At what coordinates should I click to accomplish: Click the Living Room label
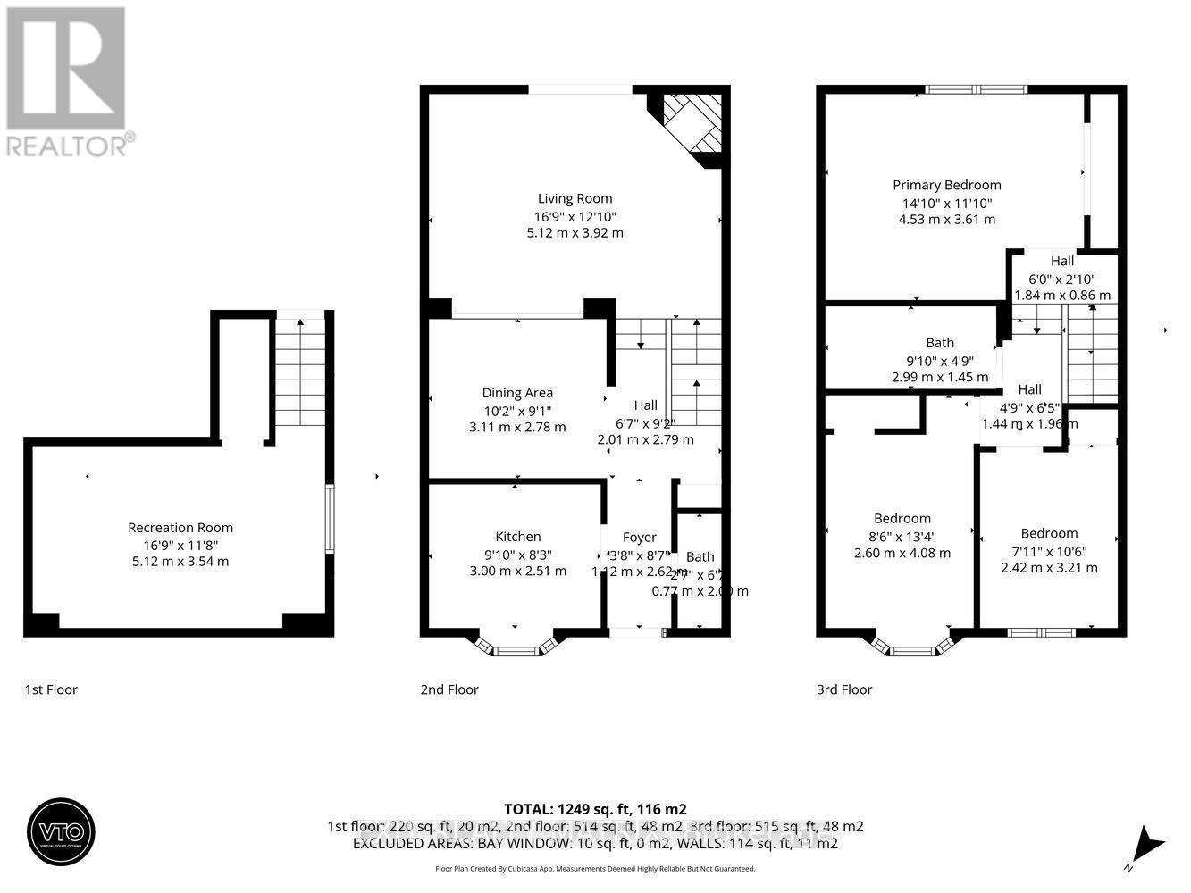click(x=575, y=198)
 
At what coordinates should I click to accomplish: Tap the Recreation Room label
click(x=180, y=527)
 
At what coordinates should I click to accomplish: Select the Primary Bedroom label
click(x=946, y=185)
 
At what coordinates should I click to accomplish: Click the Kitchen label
click(x=517, y=537)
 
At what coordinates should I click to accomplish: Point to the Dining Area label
click(x=517, y=393)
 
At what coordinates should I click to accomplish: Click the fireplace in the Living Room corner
click(x=692, y=124)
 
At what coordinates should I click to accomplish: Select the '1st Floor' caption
click(x=51, y=689)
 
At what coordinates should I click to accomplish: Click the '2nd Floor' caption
click(x=449, y=689)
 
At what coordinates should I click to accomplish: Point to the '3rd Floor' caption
click(x=844, y=689)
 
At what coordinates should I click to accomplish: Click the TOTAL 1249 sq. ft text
click(x=595, y=809)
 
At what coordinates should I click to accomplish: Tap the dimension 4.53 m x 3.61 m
click(x=946, y=220)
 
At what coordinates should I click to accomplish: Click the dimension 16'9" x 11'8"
click(x=180, y=545)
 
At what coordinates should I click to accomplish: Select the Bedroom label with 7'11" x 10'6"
click(x=1049, y=533)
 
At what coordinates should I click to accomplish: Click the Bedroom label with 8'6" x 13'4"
click(x=902, y=519)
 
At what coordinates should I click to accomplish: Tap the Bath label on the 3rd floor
click(x=940, y=343)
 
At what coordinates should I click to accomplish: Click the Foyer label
click(x=639, y=537)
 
